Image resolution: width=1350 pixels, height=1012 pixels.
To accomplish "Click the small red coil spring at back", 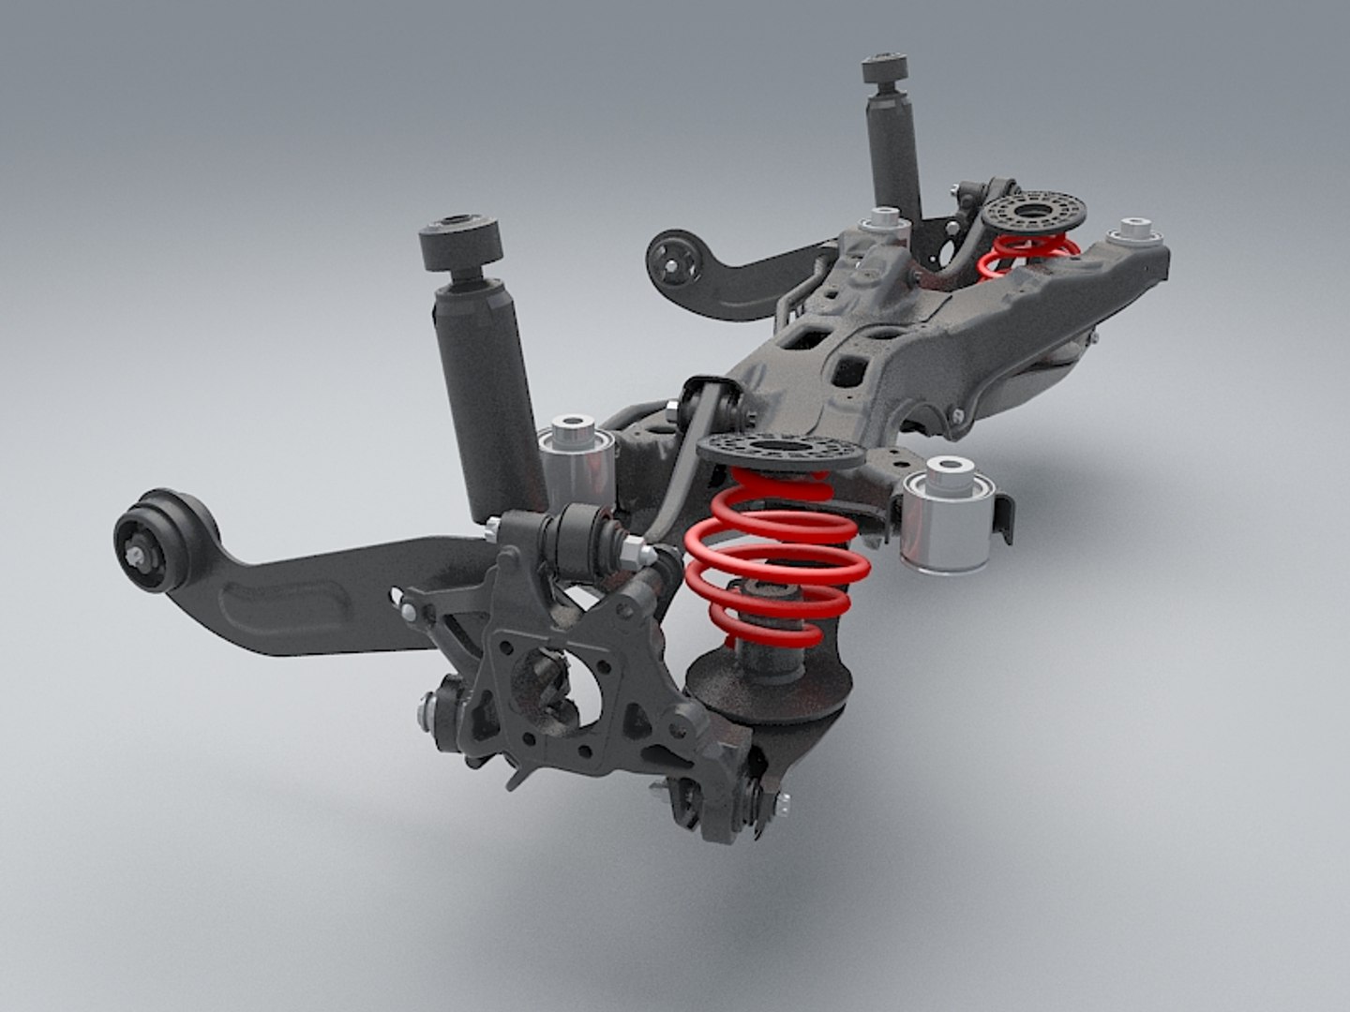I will point(1027,253).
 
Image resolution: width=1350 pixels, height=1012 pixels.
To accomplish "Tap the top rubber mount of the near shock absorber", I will point(459,245).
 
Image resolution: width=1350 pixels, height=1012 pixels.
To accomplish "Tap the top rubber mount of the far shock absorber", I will point(884,74).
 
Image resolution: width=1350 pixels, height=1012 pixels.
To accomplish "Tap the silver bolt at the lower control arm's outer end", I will point(781,802).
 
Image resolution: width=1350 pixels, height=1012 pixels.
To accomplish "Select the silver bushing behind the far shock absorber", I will point(886,224).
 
